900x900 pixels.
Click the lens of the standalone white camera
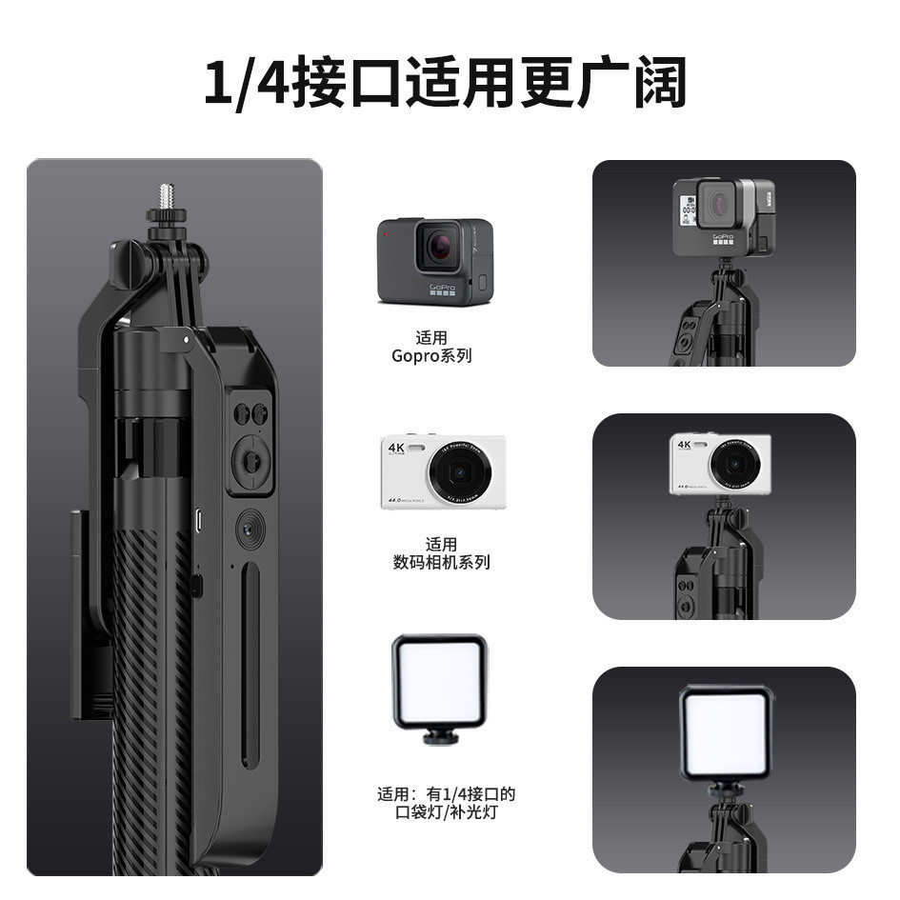click(459, 471)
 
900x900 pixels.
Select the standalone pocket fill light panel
click(438, 677)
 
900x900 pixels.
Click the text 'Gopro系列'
click(431, 356)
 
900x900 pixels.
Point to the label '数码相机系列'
click(441, 562)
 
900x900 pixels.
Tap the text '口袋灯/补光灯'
click(448, 812)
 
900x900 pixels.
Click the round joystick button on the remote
click(252, 461)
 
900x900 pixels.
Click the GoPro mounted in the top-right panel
click(723, 216)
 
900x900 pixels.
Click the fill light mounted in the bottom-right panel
click(726, 729)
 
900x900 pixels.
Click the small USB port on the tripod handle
click(198, 521)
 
